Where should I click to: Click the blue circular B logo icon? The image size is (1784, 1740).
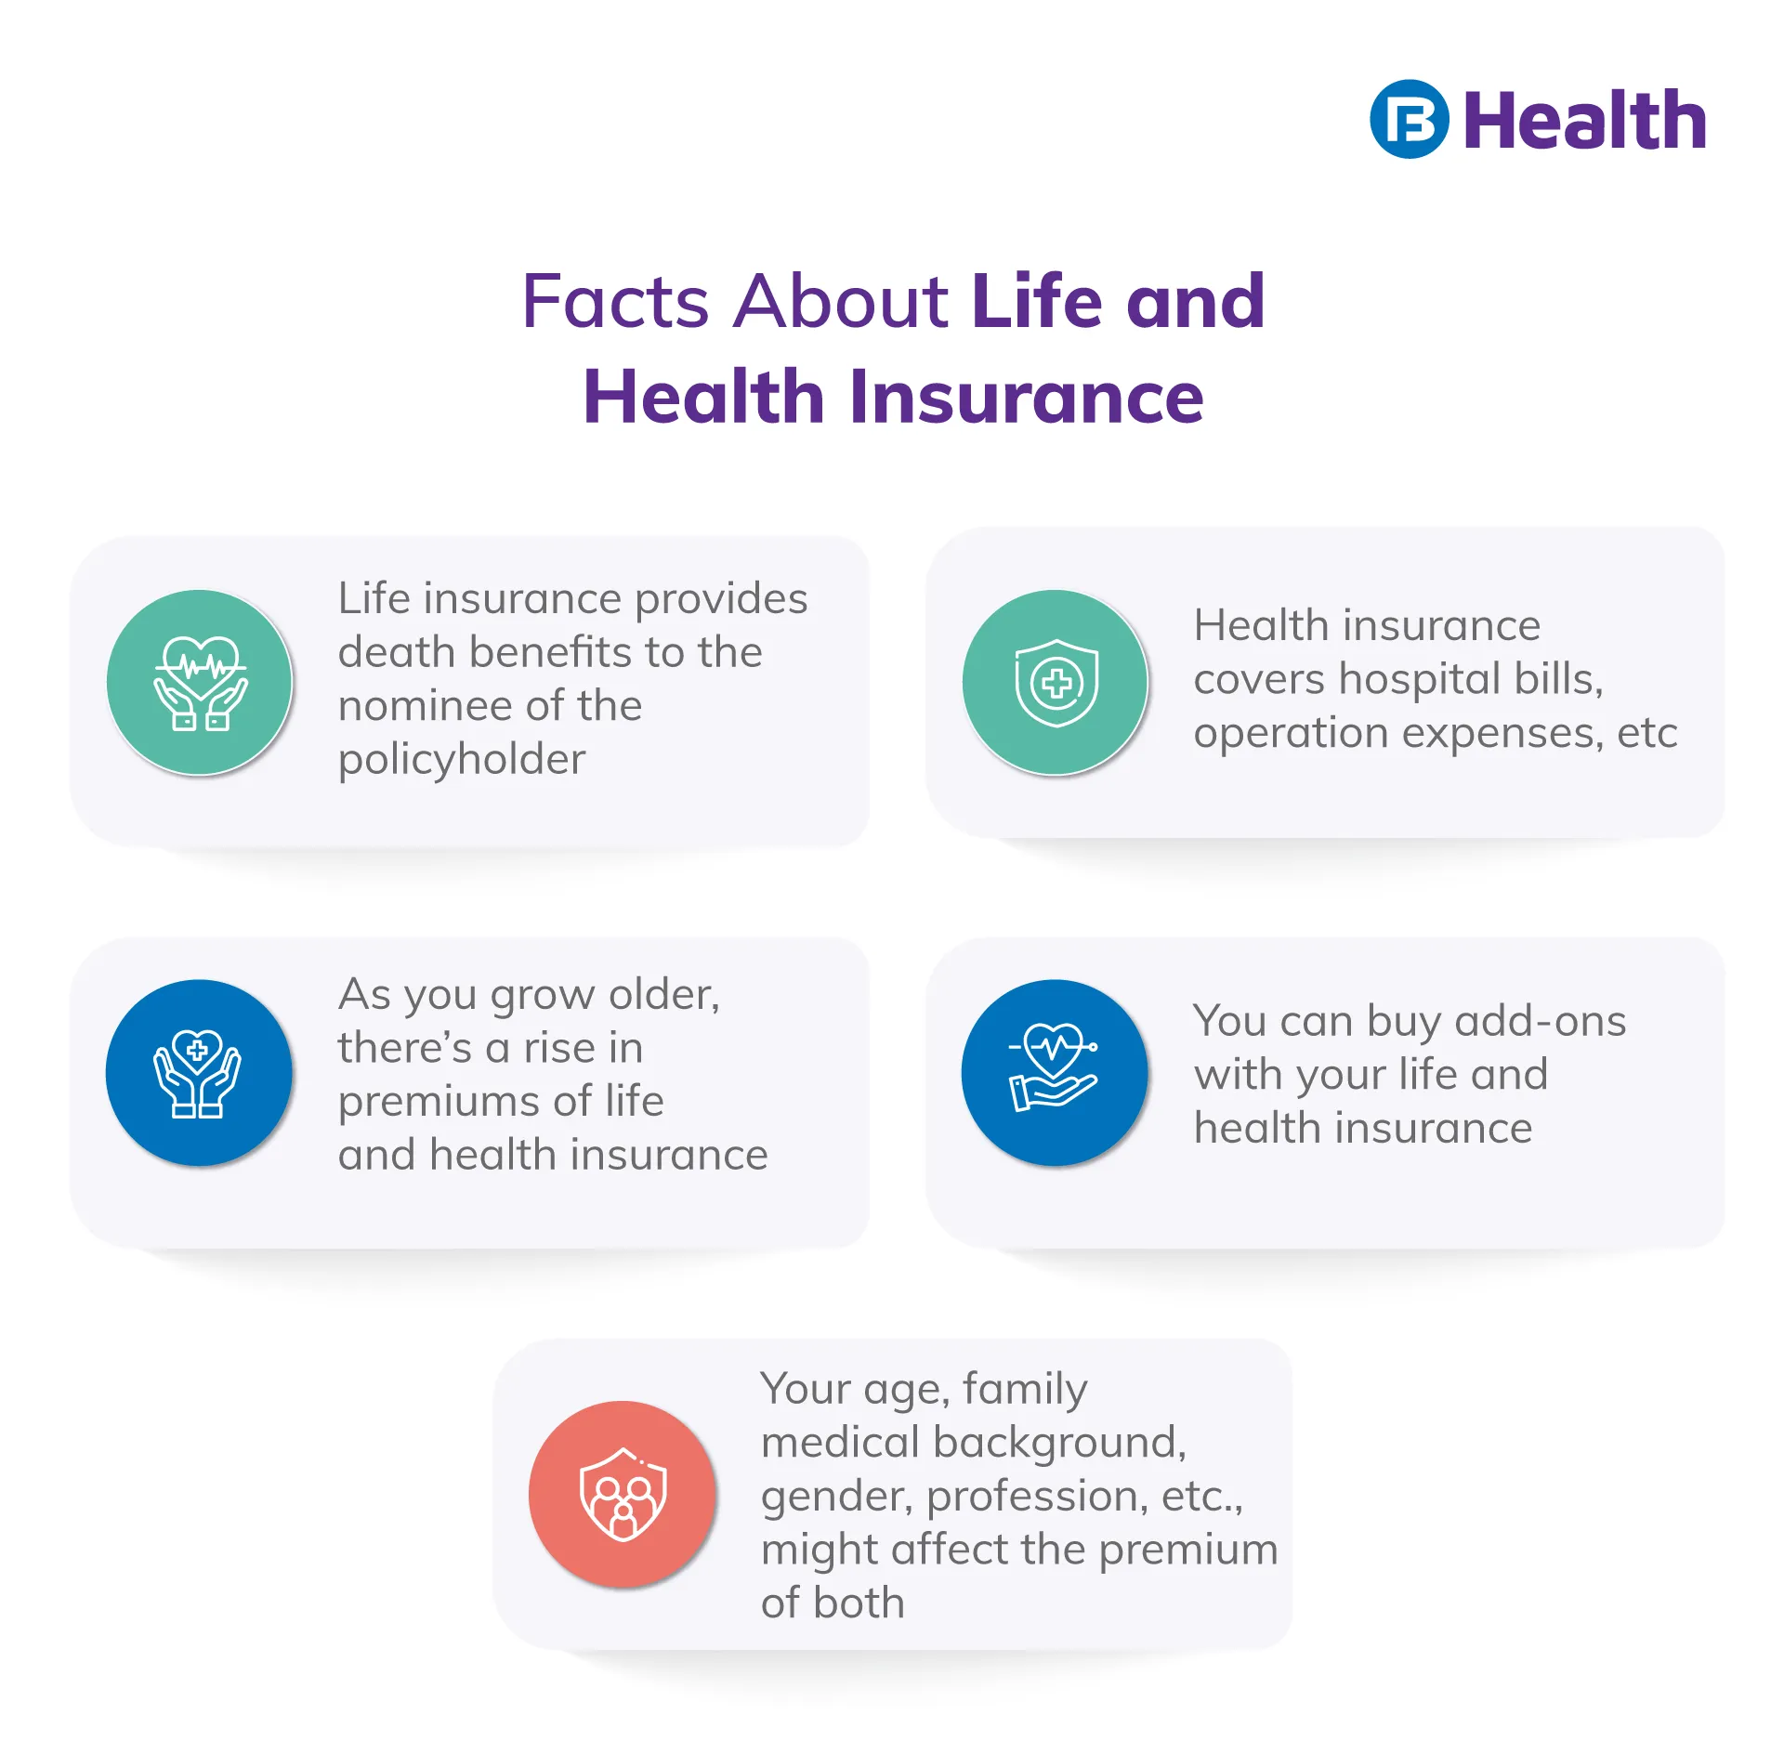[1409, 120]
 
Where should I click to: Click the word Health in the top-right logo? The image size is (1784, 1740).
[1585, 120]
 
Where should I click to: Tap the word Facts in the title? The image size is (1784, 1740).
[616, 301]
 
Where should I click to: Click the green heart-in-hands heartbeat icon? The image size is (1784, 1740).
[200, 683]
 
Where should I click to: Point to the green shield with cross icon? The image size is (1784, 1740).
[1056, 683]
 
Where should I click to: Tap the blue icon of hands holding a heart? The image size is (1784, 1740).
[199, 1073]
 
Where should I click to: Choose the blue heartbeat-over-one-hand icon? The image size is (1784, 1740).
[1055, 1073]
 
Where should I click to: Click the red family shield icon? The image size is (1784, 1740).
[623, 1494]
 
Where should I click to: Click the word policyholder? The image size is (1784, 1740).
[462, 760]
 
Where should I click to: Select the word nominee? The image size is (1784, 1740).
[426, 706]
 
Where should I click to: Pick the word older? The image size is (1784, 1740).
[663, 995]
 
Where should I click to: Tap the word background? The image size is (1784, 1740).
[1059, 1444]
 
